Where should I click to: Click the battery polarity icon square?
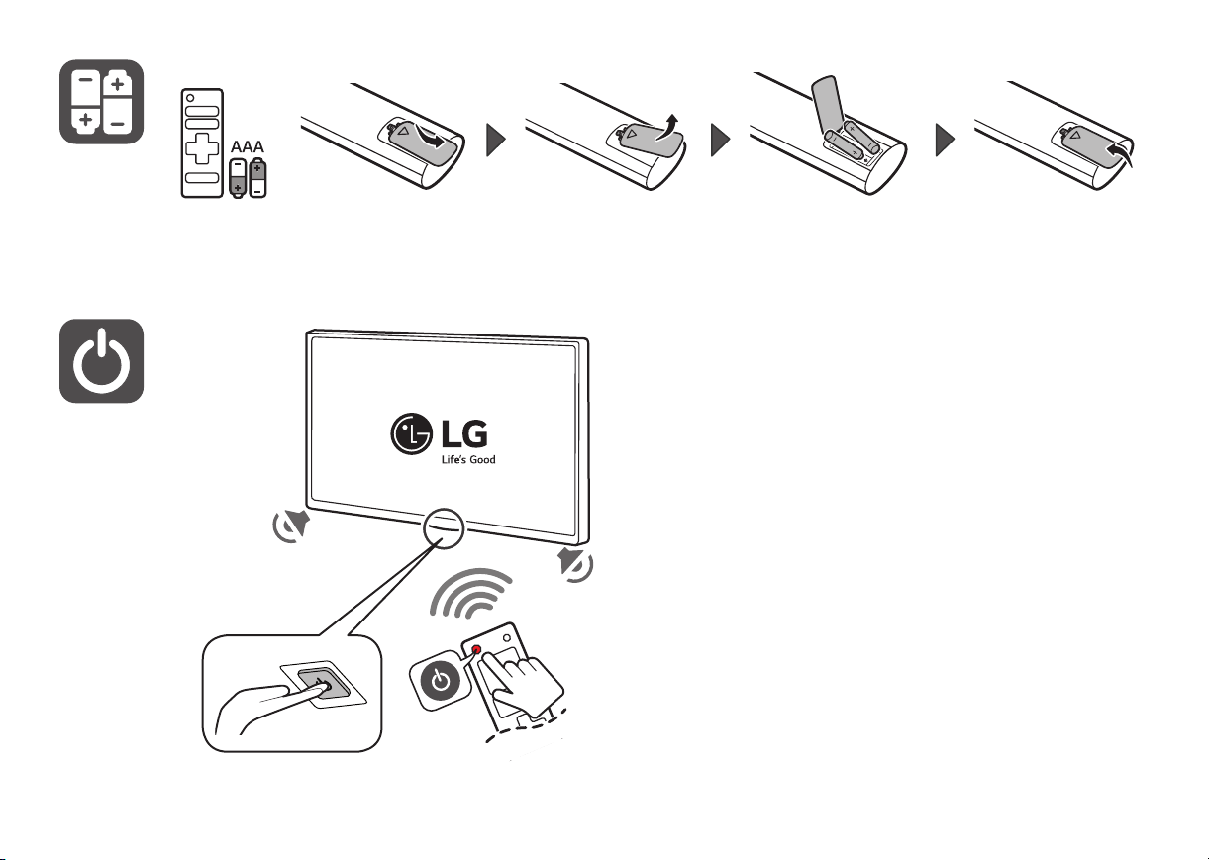pyautogui.click(x=101, y=102)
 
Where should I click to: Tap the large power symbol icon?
pyautogui.click(x=101, y=361)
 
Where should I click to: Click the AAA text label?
pyautogui.click(x=248, y=146)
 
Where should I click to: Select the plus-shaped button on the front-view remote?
pyautogui.click(x=202, y=147)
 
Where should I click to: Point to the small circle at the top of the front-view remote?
pyautogui.click(x=190, y=98)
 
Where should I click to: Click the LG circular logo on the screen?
pyautogui.click(x=411, y=433)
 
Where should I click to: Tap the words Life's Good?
pyautogui.click(x=468, y=459)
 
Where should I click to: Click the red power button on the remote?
pyautogui.click(x=476, y=649)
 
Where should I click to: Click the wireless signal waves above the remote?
pyautogui.click(x=470, y=594)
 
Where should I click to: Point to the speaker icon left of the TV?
pyautogui.click(x=291, y=526)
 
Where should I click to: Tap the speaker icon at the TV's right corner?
pyautogui.click(x=575, y=564)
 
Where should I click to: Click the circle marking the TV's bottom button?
pyautogui.click(x=444, y=528)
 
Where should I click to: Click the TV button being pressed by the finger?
pyautogui.click(x=322, y=684)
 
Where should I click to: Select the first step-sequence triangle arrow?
pyautogui.click(x=496, y=141)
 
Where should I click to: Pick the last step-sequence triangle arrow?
pyautogui.click(x=945, y=141)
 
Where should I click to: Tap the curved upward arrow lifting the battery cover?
pyautogui.click(x=666, y=128)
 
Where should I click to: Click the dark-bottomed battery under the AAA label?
pyautogui.click(x=238, y=178)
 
